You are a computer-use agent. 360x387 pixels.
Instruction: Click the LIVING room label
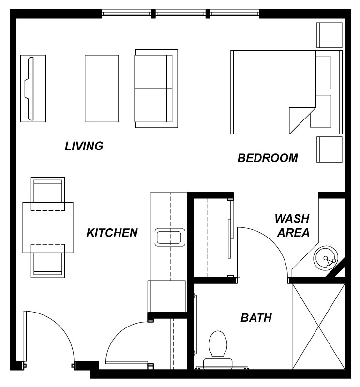click(x=84, y=146)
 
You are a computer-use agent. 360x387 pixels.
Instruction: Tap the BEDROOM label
click(x=268, y=158)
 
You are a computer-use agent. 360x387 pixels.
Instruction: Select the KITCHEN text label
click(x=112, y=233)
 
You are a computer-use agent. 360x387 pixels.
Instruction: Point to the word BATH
click(x=256, y=318)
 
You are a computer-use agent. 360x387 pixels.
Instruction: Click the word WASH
click(x=292, y=219)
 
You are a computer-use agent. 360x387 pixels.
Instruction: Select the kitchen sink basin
click(x=170, y=238)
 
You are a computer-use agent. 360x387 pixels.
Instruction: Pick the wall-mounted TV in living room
click(x=33, y=89)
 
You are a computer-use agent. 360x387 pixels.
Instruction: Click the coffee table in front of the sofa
click(x=102, y=89)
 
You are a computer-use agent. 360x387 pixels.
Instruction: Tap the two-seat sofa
click(x=156, y=89)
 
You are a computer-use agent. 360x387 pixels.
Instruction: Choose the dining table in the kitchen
click(x=48, y=227)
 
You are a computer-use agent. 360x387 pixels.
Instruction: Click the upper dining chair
click(x=48, y=194)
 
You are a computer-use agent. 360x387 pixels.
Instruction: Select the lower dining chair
click(x=48, y=261)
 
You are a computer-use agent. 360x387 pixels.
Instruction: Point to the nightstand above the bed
click(x=330, y=35)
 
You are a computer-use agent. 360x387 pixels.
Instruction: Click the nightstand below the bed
click(x=330, y=149)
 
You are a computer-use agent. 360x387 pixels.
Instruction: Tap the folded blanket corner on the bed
click(x=300, y=120)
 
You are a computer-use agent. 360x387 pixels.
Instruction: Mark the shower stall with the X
click(x=318, y=327)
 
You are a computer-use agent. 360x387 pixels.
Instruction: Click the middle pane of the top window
click(x=180, y=14)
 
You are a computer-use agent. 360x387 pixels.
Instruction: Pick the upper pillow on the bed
click(x=323, y=73)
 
